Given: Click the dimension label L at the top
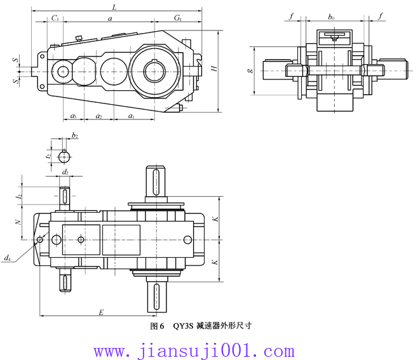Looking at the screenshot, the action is pyautogui.click(x=114, y=7).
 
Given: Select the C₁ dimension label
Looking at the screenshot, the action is pyautogui.click(x=55, y=18).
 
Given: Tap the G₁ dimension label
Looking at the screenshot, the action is pyautogui.click(x=178, y=18).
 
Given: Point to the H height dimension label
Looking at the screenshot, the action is pyautogui.click(x=215, y=68).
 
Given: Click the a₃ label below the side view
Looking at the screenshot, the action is pyautogui.click(x=74, y=116).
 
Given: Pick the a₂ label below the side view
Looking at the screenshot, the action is pyautogui.click(x=98, y=116).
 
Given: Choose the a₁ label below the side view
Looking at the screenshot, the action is pyautogui.click(x=131, y=116).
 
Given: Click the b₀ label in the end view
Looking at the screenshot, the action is pyautogui.click(x=331, y=17).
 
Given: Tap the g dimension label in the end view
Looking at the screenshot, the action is pyautogui.click(x=250, y=70).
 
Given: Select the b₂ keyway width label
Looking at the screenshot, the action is pyautogui.click(x=75, y=135).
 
